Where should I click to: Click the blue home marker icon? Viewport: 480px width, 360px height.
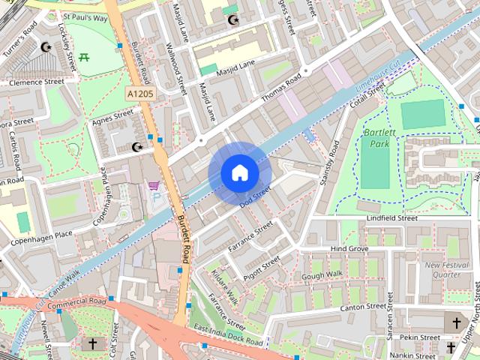click(x=239, y=172)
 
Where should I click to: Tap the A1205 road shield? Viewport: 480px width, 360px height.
click(x=140, y=94)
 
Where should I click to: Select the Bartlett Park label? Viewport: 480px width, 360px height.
click(x=379, y=137)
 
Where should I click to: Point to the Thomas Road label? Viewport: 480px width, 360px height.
click(x=280, y=88)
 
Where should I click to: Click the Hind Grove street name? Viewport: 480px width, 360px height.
click(x=349, y=248)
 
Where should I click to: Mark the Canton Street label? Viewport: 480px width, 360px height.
click(x=362, y=307)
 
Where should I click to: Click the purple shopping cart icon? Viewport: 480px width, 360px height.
click(x=154, y=185)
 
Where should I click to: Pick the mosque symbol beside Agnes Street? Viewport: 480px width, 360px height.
click(x=136, y=147)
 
